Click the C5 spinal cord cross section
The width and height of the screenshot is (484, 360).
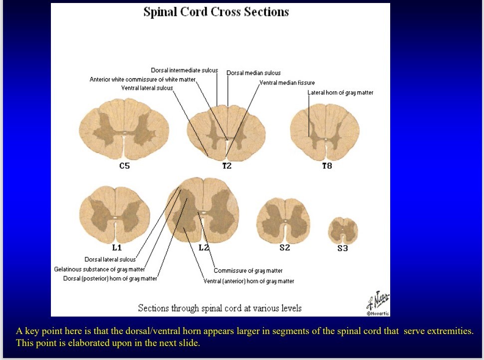pos(124,128)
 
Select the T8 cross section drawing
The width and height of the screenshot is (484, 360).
pos(325,128)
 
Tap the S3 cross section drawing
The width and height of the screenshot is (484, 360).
pos(342,230)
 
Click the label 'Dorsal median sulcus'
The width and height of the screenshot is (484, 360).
pos(253,73)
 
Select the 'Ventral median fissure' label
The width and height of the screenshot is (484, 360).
pos(287,82)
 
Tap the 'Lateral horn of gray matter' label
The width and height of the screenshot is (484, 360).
pos(340,92)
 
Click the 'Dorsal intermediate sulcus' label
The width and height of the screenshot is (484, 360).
pos(184,70)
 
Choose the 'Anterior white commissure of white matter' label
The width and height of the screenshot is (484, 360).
pos(143,79)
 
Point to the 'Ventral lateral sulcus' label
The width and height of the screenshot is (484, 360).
pos(147,88)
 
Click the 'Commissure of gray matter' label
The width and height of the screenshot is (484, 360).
pos(248,271)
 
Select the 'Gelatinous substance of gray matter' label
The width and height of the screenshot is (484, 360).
pos(99,269)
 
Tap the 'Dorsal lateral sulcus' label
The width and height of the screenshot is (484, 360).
pos(110,260)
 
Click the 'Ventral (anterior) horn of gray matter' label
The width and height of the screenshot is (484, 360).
pos(248,281)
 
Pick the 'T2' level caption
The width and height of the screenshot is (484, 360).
pos(227,166)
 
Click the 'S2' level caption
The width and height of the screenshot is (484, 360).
pos(284,248)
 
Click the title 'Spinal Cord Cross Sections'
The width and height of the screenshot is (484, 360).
pos(216,12)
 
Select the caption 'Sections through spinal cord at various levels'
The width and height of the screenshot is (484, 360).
pos(220,308)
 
